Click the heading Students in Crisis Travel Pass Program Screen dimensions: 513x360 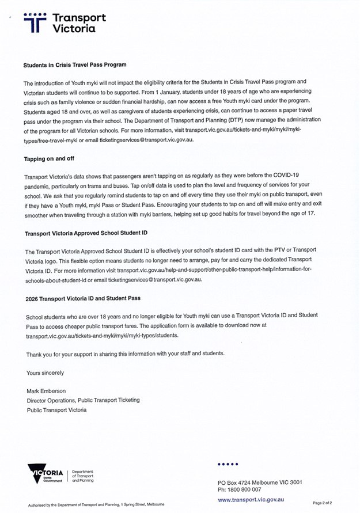click(74, 65)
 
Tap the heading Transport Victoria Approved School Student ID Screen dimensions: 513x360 click(86, 234)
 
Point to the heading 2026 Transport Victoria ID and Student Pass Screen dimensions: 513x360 click(83, 299)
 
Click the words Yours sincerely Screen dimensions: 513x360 click(46, 373)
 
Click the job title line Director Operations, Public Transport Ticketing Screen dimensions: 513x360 click(83, 401)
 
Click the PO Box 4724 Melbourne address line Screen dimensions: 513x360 click(260, 482)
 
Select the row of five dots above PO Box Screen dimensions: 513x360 click(228, 463)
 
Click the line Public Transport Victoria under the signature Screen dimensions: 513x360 click(56, 410)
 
